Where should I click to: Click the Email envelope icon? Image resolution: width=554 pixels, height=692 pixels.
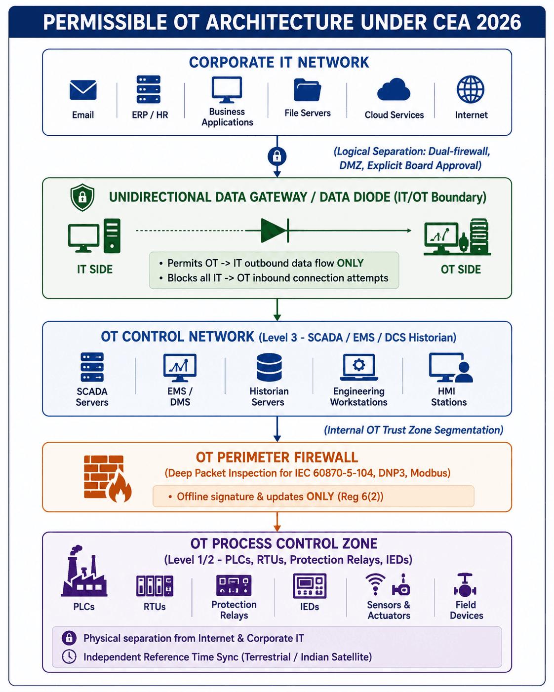pyautogui.click(x=83, y=90)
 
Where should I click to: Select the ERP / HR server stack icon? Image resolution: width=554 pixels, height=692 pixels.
pyautogui.click(x=148, y=89)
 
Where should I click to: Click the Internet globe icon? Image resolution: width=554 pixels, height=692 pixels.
pyautogui.click(x=471, y=89)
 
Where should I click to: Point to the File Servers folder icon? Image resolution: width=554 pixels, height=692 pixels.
pyautogui.click(x=307, y=90)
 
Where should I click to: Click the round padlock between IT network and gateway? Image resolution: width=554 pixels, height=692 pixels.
pyautogui.click(x=277, y=156)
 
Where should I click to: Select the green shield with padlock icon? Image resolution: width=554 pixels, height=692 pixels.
pyautogui.click(x=82, y=197)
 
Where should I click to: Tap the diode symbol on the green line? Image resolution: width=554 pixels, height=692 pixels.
pyautogui.click(x=275, y=231)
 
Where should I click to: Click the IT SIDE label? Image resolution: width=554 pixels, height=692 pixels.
pyautogui.click(x=95, y=269)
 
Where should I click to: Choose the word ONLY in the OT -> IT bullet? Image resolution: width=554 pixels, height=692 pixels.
pyautogui.click(x=350, y=263)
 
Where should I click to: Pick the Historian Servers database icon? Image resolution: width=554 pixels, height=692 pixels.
pyautogui.click(x=269, y=367)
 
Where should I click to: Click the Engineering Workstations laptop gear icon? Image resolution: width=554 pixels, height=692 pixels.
pyautogui.click(x=359, y=367)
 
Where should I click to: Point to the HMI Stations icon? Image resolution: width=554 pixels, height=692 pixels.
pyautogui.click(x=451, y=368)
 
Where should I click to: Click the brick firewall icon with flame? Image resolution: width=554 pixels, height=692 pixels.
pyautogui.click(x=108, y=478)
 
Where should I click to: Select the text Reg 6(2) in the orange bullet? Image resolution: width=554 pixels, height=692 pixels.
pyautogui.click(x=360, y=497)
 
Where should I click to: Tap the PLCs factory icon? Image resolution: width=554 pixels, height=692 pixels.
pyautogui.click(x=83, y=571)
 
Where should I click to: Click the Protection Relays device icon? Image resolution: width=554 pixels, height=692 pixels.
pyautogui.click(x=234, y=585)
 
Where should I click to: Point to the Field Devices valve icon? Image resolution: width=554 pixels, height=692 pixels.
pyautogui.click(x=465, y=585)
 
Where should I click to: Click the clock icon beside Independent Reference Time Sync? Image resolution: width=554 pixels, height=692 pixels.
pyautogui.click(x=69, y=656)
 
